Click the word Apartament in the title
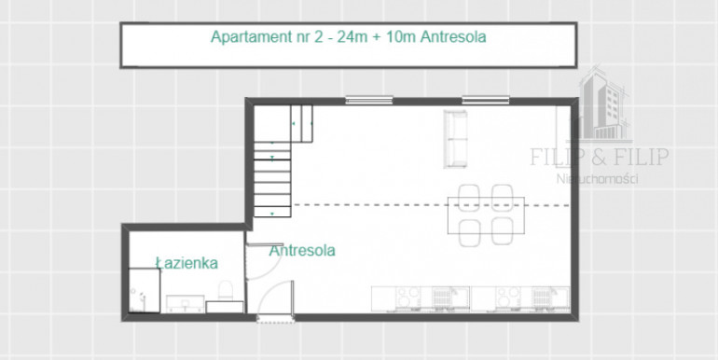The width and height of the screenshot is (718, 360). click(x=250, y=37)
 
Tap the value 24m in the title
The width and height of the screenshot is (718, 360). click(x=352, y=37)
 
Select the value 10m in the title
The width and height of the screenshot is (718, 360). click(x=401, y=37)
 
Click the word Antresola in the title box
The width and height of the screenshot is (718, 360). click(x=453, y=37)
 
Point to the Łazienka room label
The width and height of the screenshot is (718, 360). click(x=186, y=263)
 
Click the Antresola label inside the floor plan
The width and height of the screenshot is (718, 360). click(x=302, y=251)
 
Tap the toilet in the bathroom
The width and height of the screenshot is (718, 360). click(x=225, y=291)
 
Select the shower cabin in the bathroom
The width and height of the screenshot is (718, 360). click(x=145, y=291)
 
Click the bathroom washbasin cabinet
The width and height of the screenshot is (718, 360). click(x=185, y=304)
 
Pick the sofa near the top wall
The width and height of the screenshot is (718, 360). click(x=456, y=139)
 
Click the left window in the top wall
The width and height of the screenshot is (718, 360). click(x=369, y=100)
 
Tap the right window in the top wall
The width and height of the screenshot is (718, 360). click(x=486, y=100)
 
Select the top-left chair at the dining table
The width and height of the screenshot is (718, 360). click(x=469, y=197)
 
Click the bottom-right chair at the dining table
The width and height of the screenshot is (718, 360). click(x=503, y=231)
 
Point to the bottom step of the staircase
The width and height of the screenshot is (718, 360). click(x=272, y=212)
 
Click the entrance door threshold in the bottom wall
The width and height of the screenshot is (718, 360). click(x=275, y=318)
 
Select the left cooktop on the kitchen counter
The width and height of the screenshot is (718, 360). click(x=408, y=298)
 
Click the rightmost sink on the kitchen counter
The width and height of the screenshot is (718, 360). click(x=551, y=298)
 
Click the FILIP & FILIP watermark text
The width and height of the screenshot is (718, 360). click(x=600, y=157)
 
